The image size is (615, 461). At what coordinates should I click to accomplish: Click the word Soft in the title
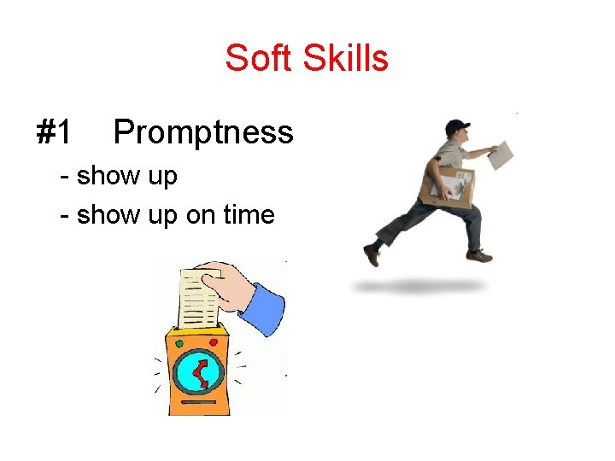pyautogui.click(x=255, y=59)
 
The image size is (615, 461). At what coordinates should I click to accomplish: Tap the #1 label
pyautogui.click(x=54, y=132)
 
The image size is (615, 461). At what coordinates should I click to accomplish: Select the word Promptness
pyautogui.click(x=203, y=132)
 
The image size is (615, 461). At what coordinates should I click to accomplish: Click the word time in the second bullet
pyautogui.click(x=248, y=214)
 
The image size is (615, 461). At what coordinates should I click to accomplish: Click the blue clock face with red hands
pyautogui.click(x=198, y=373)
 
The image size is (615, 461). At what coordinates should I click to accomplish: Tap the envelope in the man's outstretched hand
pyautogui.click(x=505, y=155)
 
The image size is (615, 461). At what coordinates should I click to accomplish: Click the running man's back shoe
pyautogui.click(x=372, y=254)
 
